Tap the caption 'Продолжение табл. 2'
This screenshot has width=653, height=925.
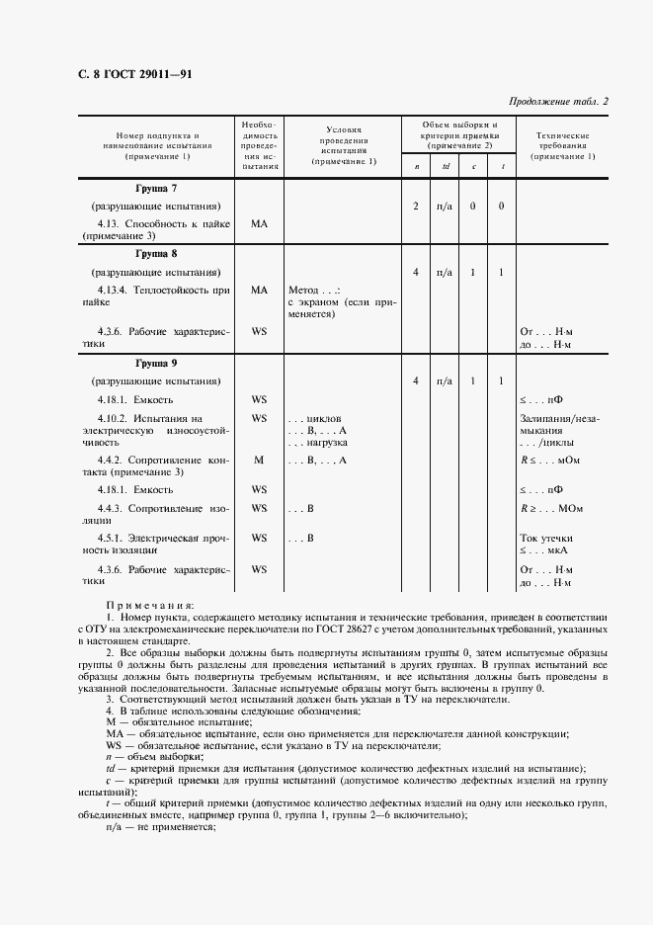tap(559, 101)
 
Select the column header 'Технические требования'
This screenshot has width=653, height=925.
tap(562, 145)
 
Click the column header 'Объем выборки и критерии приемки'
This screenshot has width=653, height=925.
tap(459, 135)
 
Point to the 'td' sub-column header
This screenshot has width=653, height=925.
tap(446, 166)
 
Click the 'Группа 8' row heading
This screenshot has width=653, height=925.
tap(155, 253)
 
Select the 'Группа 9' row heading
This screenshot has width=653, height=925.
tap(155, 362)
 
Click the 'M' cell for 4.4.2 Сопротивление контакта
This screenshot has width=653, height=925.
tap(259, 460)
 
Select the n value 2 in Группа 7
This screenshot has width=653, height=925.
tap(416, 206)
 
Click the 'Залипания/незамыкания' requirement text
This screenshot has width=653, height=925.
tap(559, 424)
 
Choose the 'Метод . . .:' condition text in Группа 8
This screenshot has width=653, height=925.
tap(313, 291)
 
